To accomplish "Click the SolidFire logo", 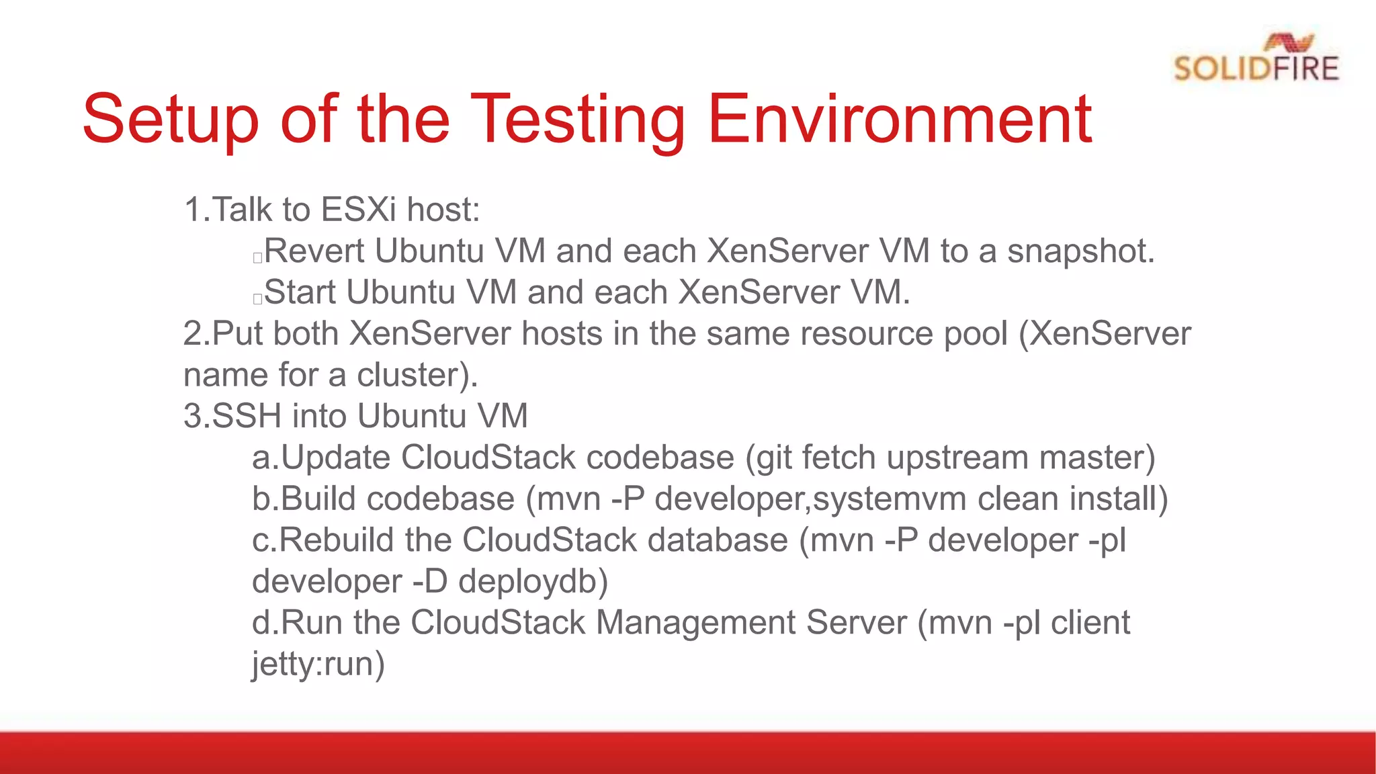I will coord(1256,59).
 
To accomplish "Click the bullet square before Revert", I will coord(257,258).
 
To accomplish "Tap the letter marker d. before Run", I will coord(265,623).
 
